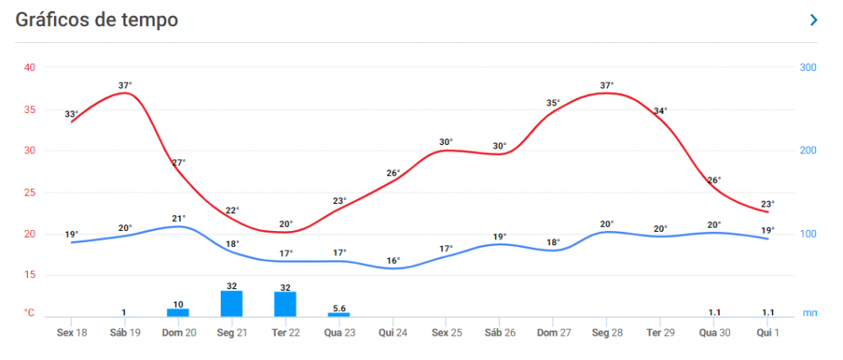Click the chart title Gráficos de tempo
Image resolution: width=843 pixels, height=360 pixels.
point(97,20)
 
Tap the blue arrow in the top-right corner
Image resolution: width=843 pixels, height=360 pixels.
point(813,20)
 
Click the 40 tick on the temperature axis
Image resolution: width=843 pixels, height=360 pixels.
point(30,67)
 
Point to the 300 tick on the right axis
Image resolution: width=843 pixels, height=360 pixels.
point(808,67)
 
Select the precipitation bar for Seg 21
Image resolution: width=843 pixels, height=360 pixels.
point(232,303)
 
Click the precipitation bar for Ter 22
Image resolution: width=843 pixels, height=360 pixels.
point(285,304)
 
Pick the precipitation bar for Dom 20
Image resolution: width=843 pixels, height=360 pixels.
point(178,312)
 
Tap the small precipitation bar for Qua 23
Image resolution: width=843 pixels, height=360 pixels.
point(339,314)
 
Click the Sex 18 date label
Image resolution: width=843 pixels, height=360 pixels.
point(72,333)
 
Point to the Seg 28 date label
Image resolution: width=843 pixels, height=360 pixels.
point(606,333)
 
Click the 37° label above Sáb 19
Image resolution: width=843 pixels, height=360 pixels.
point(125,85)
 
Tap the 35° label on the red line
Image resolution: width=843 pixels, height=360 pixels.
point(553,104)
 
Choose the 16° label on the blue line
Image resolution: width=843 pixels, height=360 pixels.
point(393,261)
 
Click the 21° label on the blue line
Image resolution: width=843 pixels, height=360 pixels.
point(179,218)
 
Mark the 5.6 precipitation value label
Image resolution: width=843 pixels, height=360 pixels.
point(339,309)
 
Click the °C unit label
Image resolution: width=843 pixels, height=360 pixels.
point(30,313)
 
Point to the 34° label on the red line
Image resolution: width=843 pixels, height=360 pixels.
point(660,110)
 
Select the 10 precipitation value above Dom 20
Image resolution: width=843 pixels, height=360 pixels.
point(178,304)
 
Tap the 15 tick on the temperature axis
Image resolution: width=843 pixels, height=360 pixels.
point(30,275)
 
